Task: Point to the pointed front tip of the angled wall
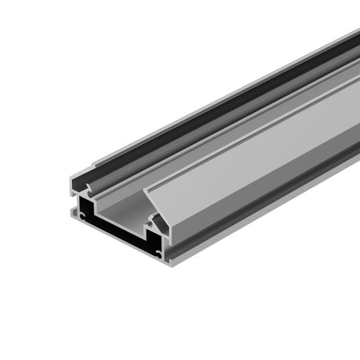tap(146, 189)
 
